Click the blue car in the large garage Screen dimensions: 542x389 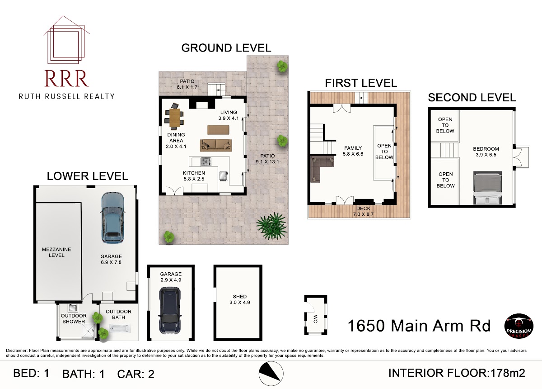pos(112,218)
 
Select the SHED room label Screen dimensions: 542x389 pos(239,296)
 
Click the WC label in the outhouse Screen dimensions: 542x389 pos(315,319)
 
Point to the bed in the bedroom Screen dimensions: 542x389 pos(487,188)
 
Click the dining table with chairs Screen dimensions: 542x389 pos(174,118)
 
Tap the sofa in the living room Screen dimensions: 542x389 pos(216,145)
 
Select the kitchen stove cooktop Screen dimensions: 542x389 pos(206,161)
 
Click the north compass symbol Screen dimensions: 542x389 pos(271,374)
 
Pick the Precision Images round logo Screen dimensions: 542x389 pos(519,326)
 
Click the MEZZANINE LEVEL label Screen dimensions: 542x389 pos(56,252)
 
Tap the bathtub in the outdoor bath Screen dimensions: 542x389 pos(120,329)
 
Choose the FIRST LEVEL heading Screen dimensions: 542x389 pos(361,83)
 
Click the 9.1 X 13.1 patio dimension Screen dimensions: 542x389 pos(267,161)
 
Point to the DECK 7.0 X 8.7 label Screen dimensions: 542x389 pos(363,211)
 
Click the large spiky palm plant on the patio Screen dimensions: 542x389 pos(271,226)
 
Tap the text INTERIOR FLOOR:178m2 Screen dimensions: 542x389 pos(457,373)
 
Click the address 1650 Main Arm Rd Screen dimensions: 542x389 pos(419,326)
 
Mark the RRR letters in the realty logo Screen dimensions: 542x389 pos(66,79)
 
